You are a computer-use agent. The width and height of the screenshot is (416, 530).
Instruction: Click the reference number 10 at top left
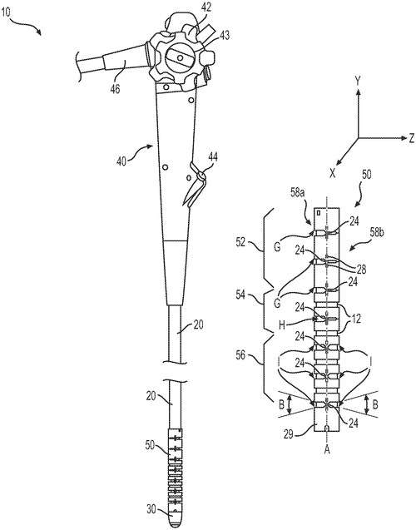[x=5, y=12]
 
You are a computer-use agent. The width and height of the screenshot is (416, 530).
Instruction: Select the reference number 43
[x=224, y=35]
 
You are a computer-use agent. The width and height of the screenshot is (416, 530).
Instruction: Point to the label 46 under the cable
[x=115, y=90]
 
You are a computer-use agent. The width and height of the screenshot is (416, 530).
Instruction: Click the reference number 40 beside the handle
[x=121, y=161]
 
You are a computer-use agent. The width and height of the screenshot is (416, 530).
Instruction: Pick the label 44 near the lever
[x=213, y=156]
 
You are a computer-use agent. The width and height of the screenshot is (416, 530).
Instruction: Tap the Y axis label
[x=358, y=81]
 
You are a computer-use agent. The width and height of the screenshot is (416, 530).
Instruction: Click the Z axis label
[x=411, y=138]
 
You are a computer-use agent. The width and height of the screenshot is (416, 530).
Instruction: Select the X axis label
[x=333, y=174]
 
